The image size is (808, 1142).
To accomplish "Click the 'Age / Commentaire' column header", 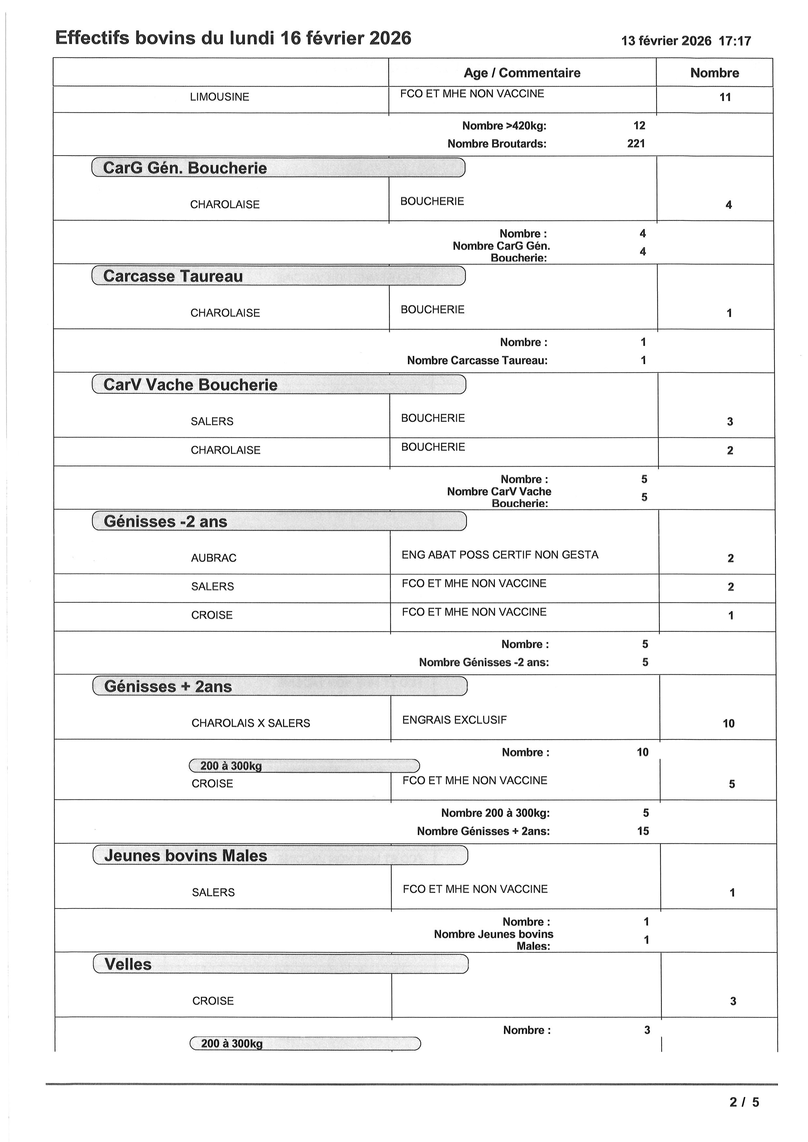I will tap(522, 73).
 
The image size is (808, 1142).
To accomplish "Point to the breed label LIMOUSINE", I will tap(219, 97).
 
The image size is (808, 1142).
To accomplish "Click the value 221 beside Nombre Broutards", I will tap(636, 144).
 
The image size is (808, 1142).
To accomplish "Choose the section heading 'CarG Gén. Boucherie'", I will tap(185, 168).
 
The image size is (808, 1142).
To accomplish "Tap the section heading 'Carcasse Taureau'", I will tap(173, 276).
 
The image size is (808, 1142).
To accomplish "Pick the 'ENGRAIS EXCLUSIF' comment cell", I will tap(454, 720).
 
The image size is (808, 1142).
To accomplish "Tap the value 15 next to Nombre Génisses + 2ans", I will tap(643, 831).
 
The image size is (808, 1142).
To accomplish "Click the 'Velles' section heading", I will tap(128, 965).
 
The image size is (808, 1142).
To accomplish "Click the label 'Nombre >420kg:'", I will tap(504, 126).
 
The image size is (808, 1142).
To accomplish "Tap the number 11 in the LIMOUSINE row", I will tap(725, 97).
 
